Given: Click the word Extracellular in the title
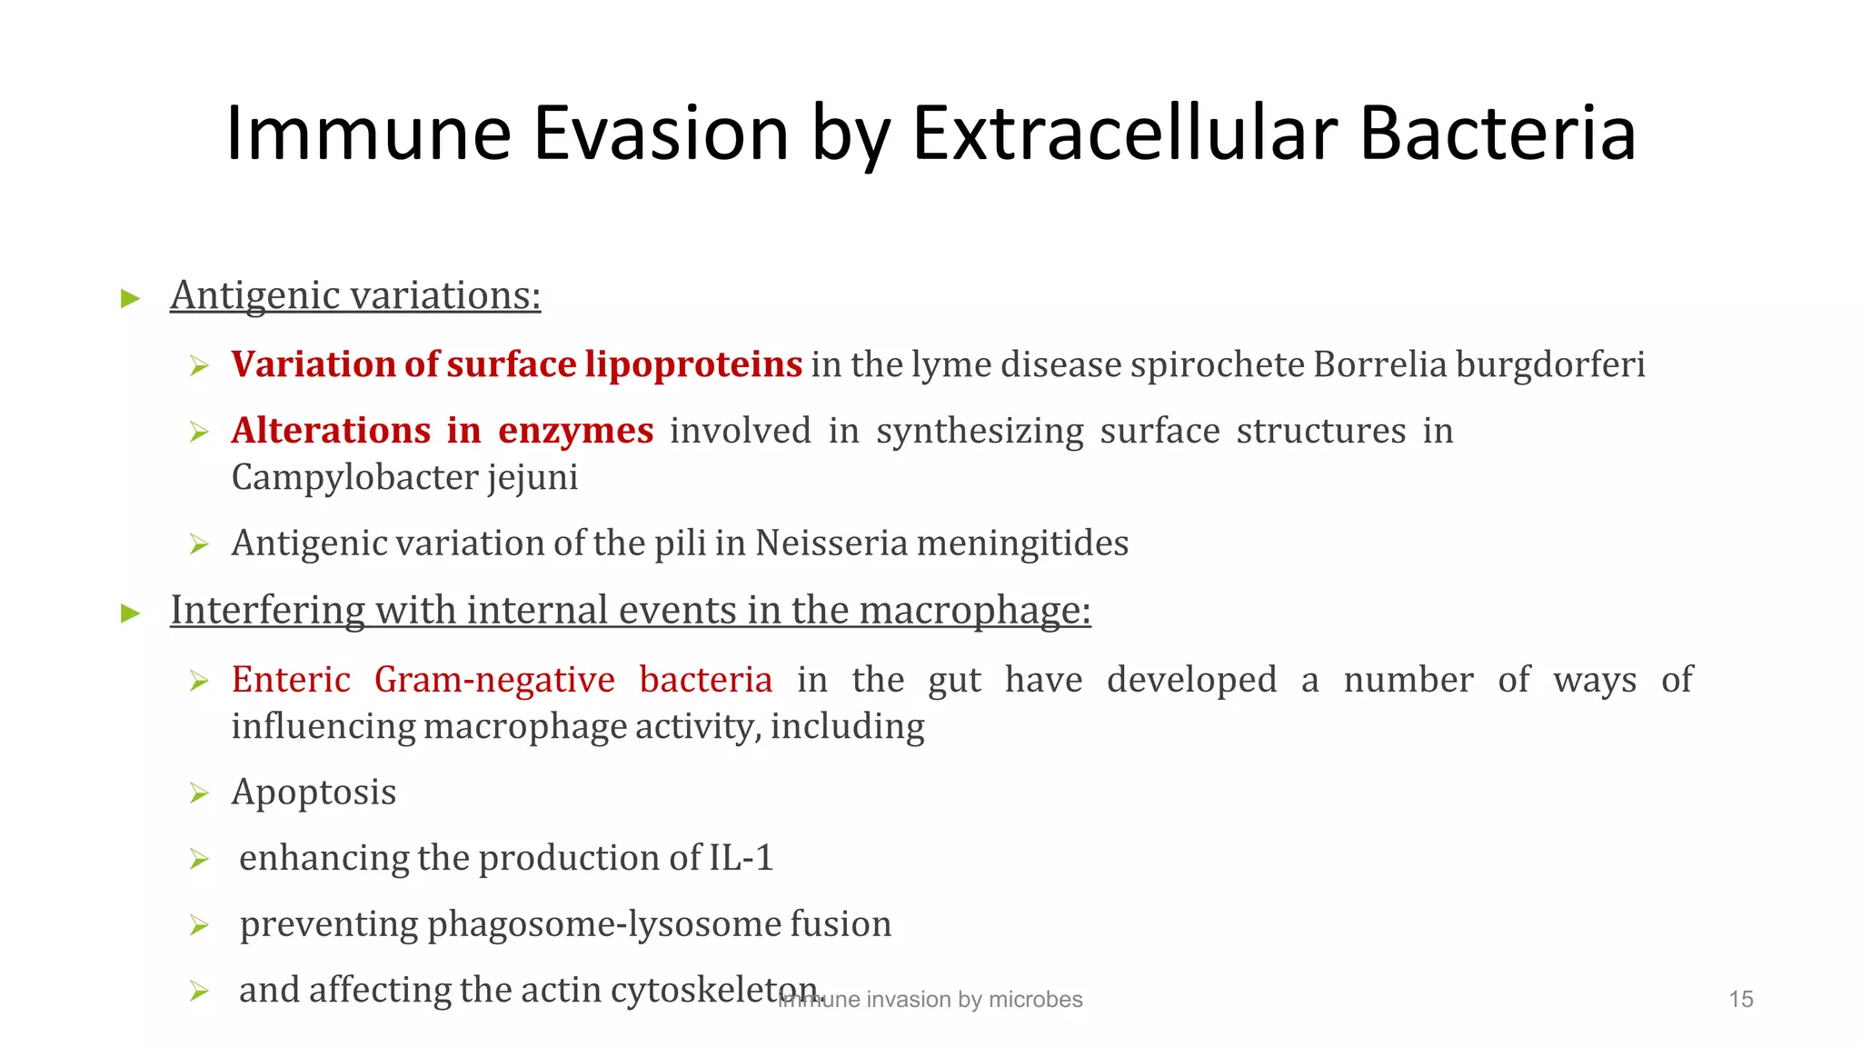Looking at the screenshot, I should click(1125, 134).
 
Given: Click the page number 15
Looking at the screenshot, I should click(1740, 999).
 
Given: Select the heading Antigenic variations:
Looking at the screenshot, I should click(355, 295).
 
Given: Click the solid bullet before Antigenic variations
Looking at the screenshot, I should click(131, 298).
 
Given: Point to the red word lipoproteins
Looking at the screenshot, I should click(693, 364).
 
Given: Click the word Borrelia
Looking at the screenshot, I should click(1379, 364).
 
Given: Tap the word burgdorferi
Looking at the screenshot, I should click(1550, 364).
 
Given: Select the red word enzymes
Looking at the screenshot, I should click(575, 431).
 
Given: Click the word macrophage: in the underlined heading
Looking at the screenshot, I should click(975, 611).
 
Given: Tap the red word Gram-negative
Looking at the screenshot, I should click(494, 680).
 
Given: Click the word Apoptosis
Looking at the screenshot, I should click(313, 793).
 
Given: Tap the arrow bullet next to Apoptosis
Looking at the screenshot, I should click(199, 793).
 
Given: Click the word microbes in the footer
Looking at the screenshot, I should click(1035, 1000).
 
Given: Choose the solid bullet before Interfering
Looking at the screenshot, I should click(131, 613).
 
